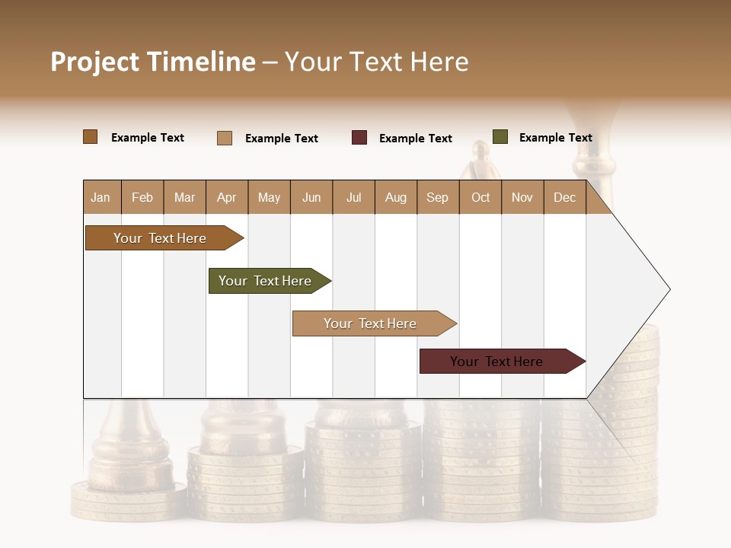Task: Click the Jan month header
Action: (x=101, y=197)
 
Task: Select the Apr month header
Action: (x=226, y=197)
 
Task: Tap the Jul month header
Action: (x=353, y=197)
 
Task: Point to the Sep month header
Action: (x=437, y=197)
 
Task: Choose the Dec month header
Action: (x=564, y=197)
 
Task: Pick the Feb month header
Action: (x=142, y=197)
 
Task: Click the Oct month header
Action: (x=480, y=197)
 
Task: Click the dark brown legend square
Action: (x=91, y=137)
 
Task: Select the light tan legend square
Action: (x=225, y=138)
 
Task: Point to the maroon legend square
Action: (x=359, y=138)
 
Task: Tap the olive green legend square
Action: (x=500, y=137)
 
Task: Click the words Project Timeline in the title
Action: (x=153, y=62)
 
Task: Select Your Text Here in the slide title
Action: (x=376, y=62)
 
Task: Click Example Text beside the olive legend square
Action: (x=555, y=137)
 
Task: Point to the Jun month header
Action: (x=311, y=197)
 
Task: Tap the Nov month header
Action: (x=522, y=197)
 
